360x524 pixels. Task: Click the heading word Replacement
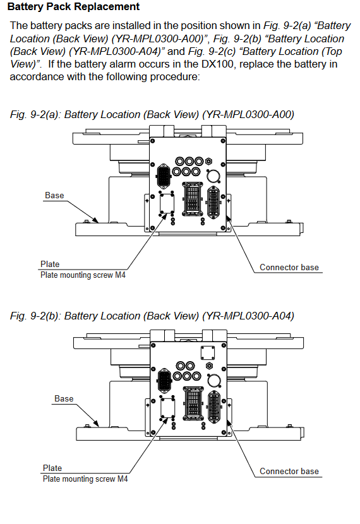point(105,7)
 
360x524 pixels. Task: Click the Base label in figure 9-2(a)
point(54,195)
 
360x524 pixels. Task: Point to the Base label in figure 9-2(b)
point(64,398)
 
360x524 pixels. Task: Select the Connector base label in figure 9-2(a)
point(289,267)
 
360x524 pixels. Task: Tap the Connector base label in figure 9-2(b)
point(289,471)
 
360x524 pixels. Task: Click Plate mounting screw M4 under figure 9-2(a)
point(83,275)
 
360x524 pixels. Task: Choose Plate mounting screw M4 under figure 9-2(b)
point(85,479)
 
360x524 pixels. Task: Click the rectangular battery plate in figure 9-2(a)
point(167,203)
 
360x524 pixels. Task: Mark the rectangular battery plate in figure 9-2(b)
point(168,407)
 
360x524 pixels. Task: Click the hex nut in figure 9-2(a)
point(208,162)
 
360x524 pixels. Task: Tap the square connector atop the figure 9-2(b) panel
point(208,353)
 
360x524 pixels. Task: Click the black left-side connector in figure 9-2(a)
point(164,176)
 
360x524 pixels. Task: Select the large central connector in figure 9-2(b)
point(193,403)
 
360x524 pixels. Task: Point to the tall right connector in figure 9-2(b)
point(214,407)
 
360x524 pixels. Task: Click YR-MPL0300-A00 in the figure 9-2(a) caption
point(248,115)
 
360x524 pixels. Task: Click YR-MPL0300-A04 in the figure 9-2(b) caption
point(248,316)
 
